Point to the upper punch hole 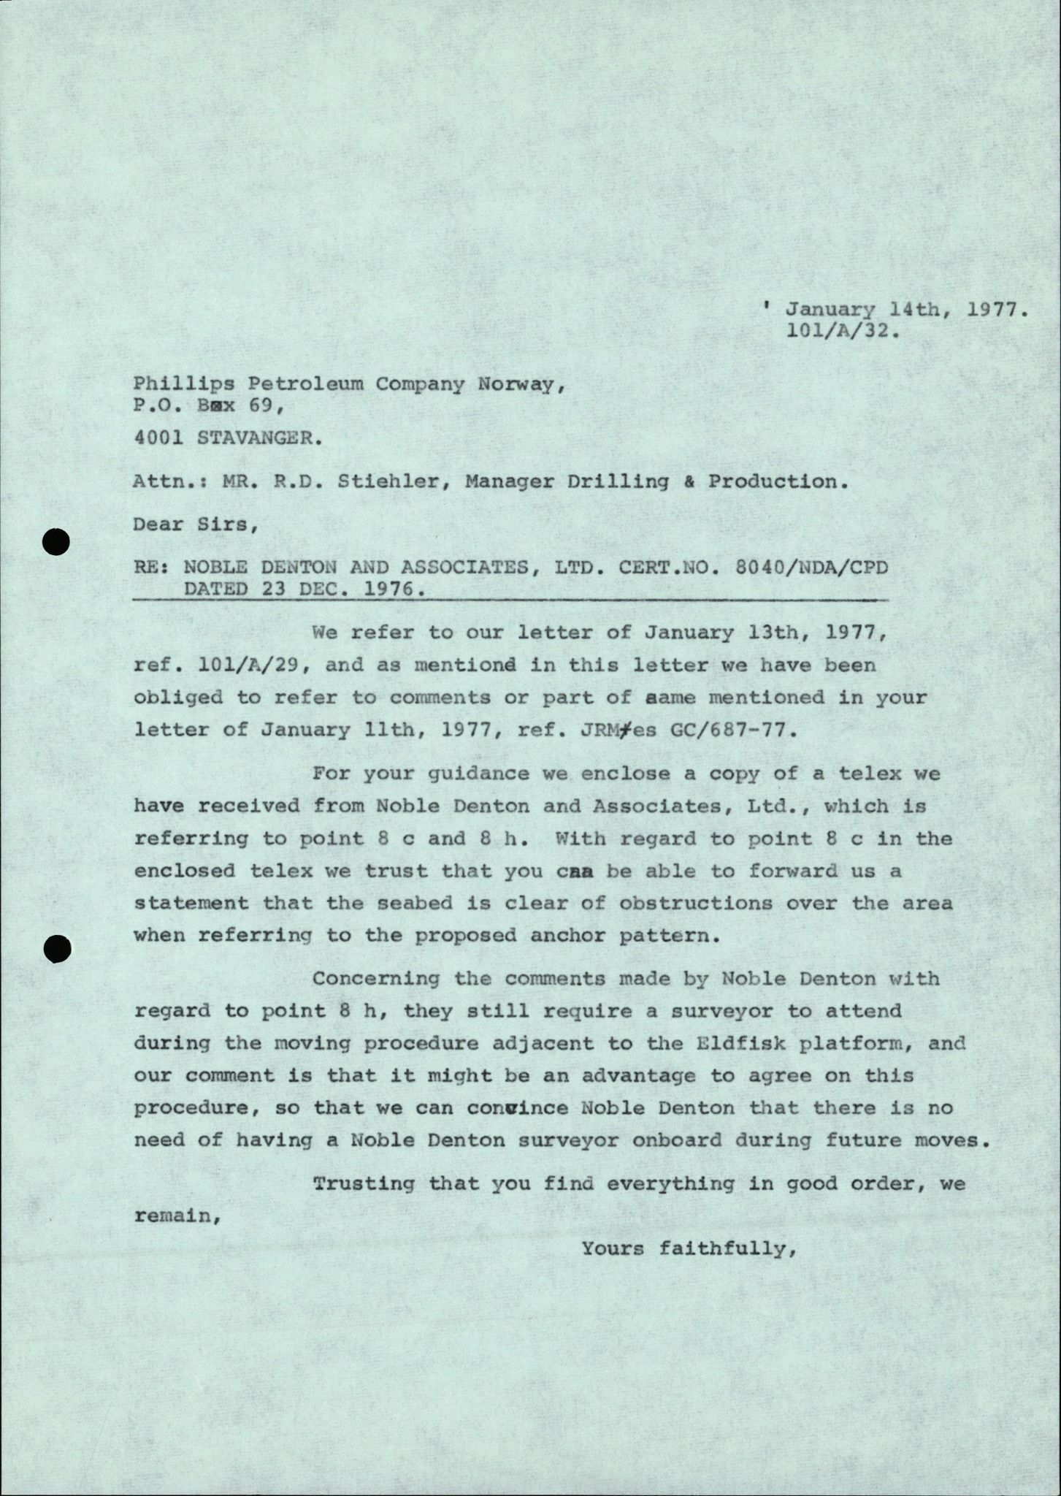coord(55,543)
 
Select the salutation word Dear coord(158,524)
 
